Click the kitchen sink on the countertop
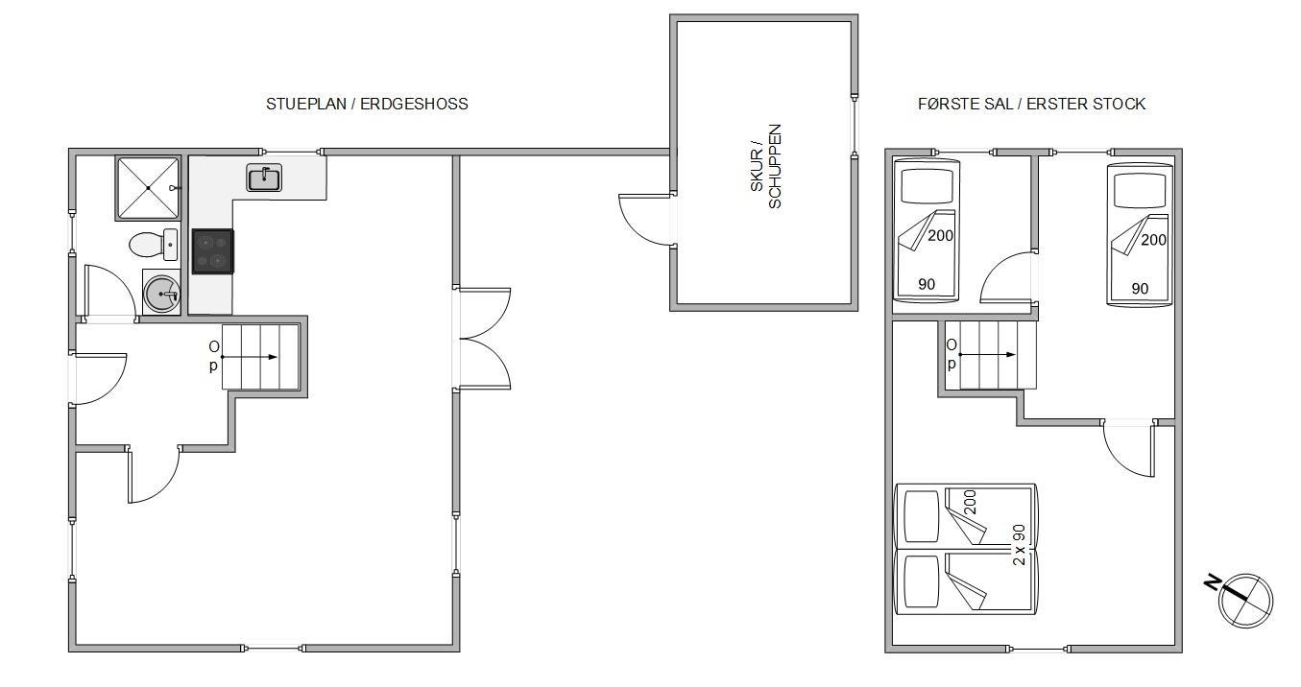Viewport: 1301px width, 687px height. point(264,177)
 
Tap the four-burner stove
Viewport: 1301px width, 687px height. point(213,251)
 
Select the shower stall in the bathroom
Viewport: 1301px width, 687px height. point(148,188)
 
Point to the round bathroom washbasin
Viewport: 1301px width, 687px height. point(162,295)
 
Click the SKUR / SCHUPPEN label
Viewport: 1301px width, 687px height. point(766,167)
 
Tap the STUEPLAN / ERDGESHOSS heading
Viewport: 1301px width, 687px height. point(367,104)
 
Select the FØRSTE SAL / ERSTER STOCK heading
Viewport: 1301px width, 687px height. point(1031,104)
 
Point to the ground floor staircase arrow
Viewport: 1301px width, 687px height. point(250,357)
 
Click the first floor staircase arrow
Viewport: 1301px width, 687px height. point(987,354)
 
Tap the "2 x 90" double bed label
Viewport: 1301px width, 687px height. point(1019,545)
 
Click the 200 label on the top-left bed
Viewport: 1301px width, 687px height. point(940,236)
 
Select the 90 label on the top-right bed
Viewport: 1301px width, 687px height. point(1140,289)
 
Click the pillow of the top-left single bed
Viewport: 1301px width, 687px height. point(927,186)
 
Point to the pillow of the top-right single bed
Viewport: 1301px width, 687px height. point(1140,191)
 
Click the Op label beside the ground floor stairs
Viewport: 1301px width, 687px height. point(214,356)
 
